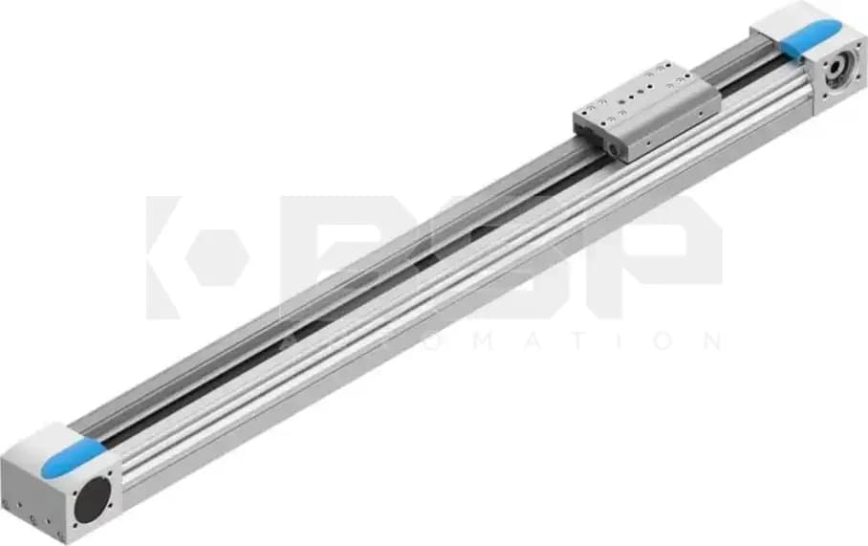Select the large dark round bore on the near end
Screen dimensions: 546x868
93,499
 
